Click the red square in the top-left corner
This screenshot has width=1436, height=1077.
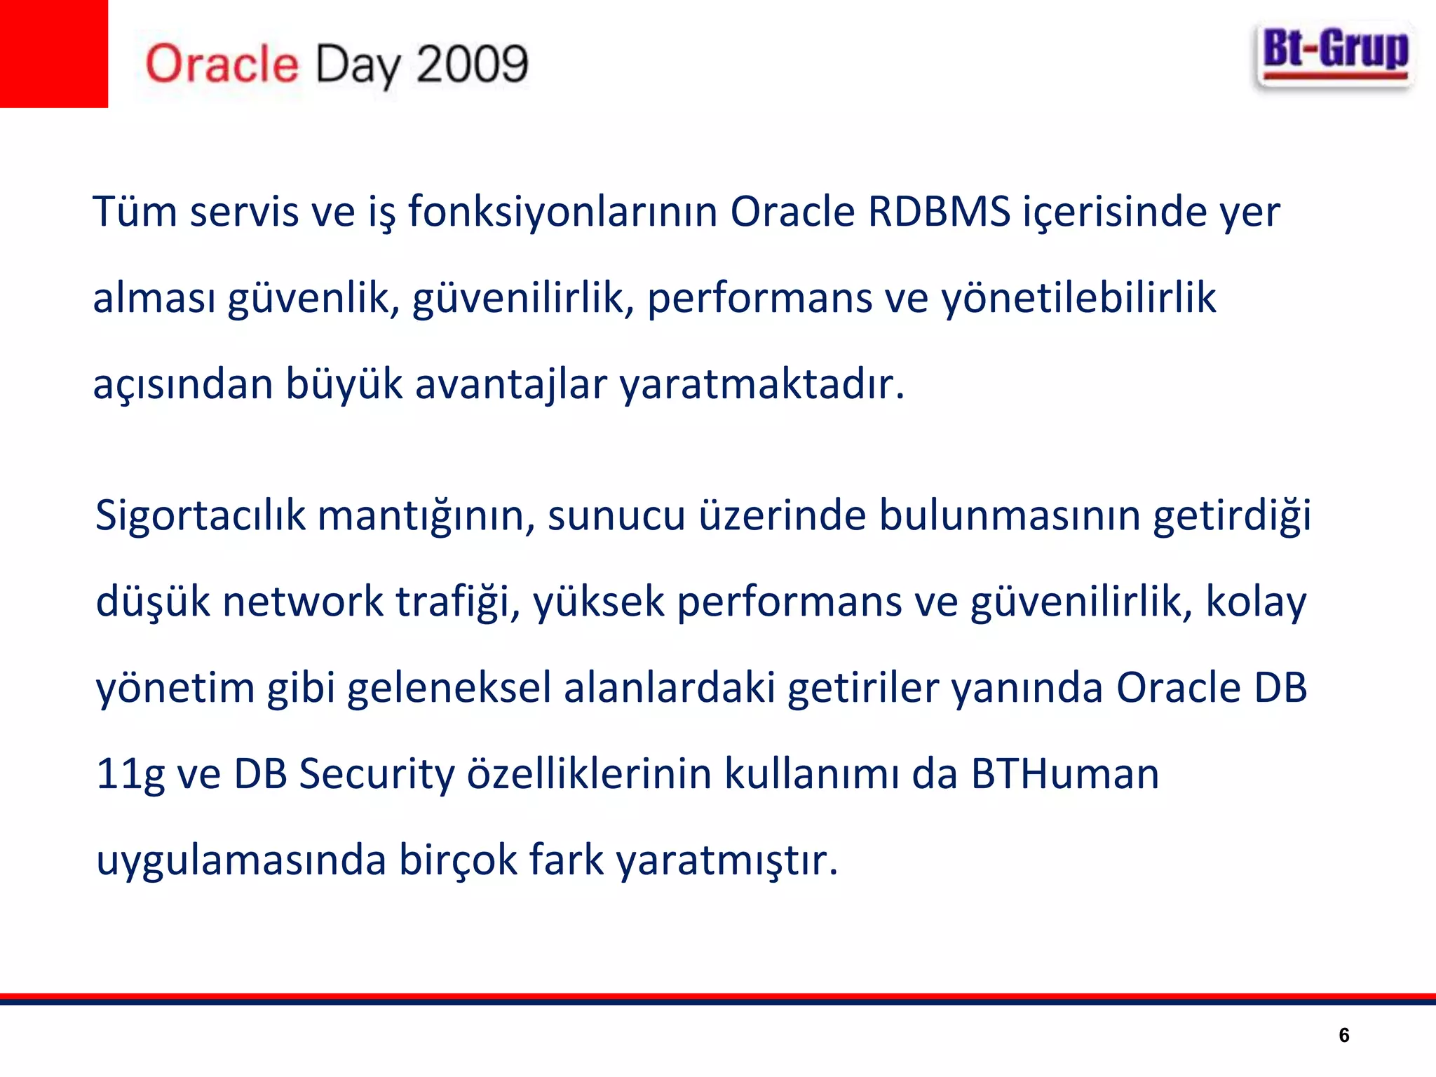(x=53, y=53)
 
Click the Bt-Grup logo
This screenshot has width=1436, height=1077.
(x=1334, y=56)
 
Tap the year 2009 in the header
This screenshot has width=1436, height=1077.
(x=471, y=65)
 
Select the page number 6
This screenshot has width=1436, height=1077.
(x=1343, y=1035)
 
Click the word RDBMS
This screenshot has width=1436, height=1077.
(x=939, y=212)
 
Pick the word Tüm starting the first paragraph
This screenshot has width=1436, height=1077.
(x=135, y=212)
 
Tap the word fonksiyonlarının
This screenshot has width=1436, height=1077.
(x=562, y=212)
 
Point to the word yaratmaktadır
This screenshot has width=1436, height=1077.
(x=761, y=385)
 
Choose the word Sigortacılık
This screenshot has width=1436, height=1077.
(x=201, y=516)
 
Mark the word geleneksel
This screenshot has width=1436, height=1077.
(x=449, y=689)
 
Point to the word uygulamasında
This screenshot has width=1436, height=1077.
(x=241, y=862)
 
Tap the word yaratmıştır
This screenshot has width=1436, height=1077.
(x=726, y=862)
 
